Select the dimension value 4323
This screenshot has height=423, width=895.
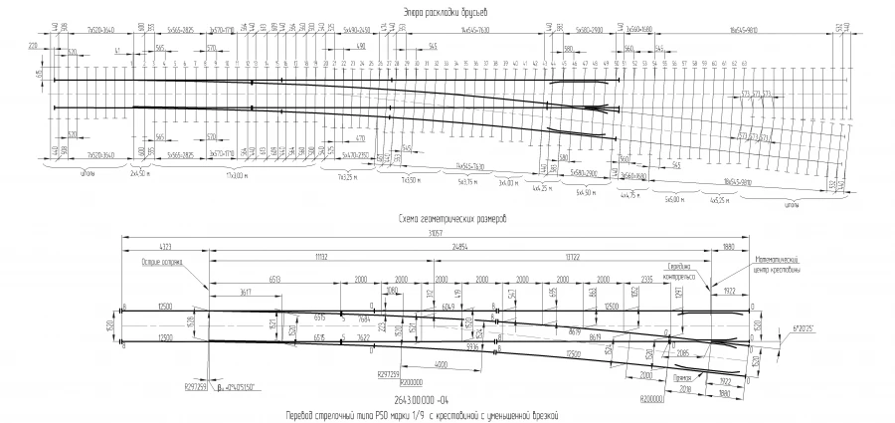click(164, 246)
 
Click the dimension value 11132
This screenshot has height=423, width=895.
click(321, 257)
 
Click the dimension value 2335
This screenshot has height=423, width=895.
click(646, 281)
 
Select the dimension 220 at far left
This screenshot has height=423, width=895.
click(33, 46)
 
